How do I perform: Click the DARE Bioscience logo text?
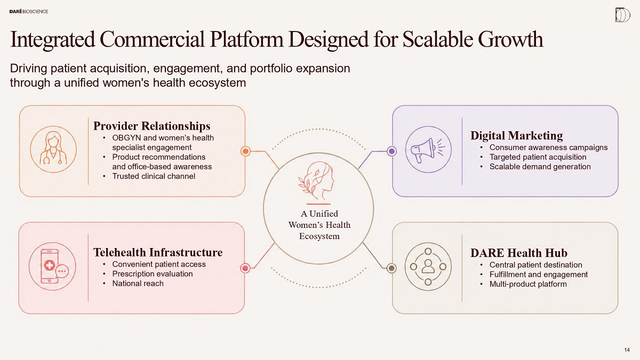29,11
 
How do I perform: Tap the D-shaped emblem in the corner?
622,15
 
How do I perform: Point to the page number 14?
627,350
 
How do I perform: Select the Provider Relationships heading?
151,126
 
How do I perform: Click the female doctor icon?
53,149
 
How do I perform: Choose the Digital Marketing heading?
517,135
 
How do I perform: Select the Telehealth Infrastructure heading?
158,252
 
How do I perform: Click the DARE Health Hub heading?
519,253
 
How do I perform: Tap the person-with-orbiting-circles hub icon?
428,267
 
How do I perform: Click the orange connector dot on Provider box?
245,151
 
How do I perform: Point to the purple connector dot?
391,151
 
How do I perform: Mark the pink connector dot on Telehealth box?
245,268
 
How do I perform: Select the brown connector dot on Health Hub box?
391,268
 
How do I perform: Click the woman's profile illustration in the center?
317,181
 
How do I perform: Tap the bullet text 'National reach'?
138,283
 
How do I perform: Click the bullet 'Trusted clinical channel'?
154,177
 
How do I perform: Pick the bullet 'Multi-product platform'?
528,284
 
